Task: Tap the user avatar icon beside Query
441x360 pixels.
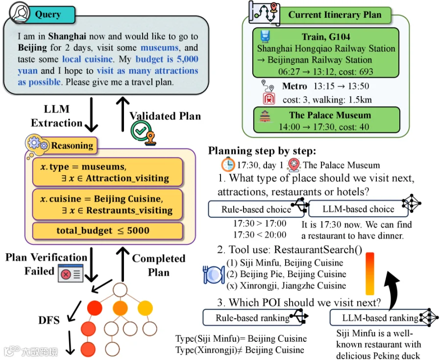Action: pyautogui.click(x=20, y=12)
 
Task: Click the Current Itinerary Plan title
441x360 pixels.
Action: pyautogui.click(x=335, y=15)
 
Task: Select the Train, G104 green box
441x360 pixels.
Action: pyautogui.click(x=326, y=52)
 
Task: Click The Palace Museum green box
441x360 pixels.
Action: pyautogui.click(x=326, y=120)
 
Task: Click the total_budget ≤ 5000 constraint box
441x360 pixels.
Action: pyautogui.click(x=108, y=231)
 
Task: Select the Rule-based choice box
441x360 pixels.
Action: pyautogui.click(x=256, y=209)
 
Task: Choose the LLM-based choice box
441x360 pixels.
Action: pyautogui.click(x=358, y=209)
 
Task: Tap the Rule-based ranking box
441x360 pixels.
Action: pyautogui.click(x=252, y=317)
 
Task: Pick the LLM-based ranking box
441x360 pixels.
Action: pyautogui.click(x=380, y=317)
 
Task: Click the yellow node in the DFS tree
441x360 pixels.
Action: pyautogui.click(x=145, y=308)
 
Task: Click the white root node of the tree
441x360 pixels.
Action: pyautogui.click(x=120, y=290)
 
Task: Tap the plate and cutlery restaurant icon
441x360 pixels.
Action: pyautogui.click(x=214, y=275)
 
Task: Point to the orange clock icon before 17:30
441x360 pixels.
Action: pyautogui.click(x=228, y=165)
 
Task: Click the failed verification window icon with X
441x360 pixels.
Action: pyautogui.click(x=71, y=273)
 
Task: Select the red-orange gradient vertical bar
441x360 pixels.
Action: pyautogui.click(x=370, y=274)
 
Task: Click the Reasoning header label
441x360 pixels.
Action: pyautogui.click(x=72, y=146)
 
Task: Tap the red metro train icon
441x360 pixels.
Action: pyautogui.click(x=269, y=99)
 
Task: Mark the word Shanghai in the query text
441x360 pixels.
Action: pyautogui.click(x=67, y=36)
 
